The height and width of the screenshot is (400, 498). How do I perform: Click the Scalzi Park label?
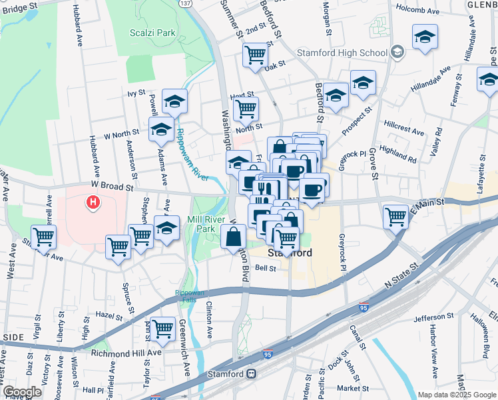coord(152,32)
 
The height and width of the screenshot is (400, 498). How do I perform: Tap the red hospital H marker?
coord(93,201)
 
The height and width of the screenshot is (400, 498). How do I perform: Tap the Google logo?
coord(22,392)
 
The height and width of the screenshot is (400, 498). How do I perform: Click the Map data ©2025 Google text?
coord(457,395)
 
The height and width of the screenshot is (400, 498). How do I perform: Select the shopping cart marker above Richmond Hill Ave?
coord(162,328)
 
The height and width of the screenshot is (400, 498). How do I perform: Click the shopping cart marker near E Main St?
coord(395,216)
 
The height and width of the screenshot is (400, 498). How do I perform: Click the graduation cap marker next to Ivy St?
coord(174,101)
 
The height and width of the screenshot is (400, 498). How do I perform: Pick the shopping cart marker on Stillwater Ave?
coord(43,236)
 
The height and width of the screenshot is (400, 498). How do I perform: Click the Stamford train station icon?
coord(252,374)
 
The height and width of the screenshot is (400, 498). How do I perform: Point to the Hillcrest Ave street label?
coord(404,126)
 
